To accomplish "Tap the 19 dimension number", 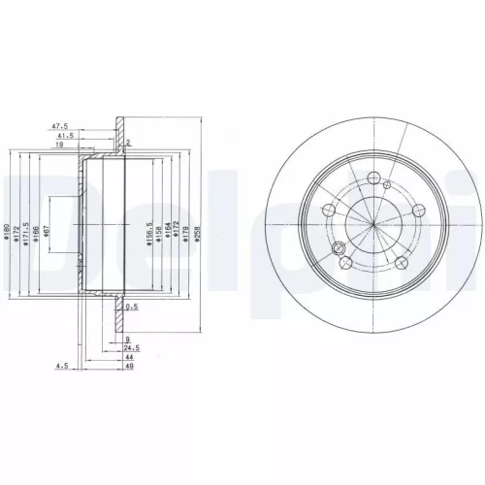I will click(x=59, y=145).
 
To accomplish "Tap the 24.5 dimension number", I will click(x=130, y=347).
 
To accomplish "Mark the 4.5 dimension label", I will click(x=62, y=367).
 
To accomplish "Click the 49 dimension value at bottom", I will click(x=128, y=367).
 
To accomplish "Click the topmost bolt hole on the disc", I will click(x=373, y=177).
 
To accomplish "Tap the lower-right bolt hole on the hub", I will click(x=401, y=262).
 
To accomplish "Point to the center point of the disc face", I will click(x=373, y=225).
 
